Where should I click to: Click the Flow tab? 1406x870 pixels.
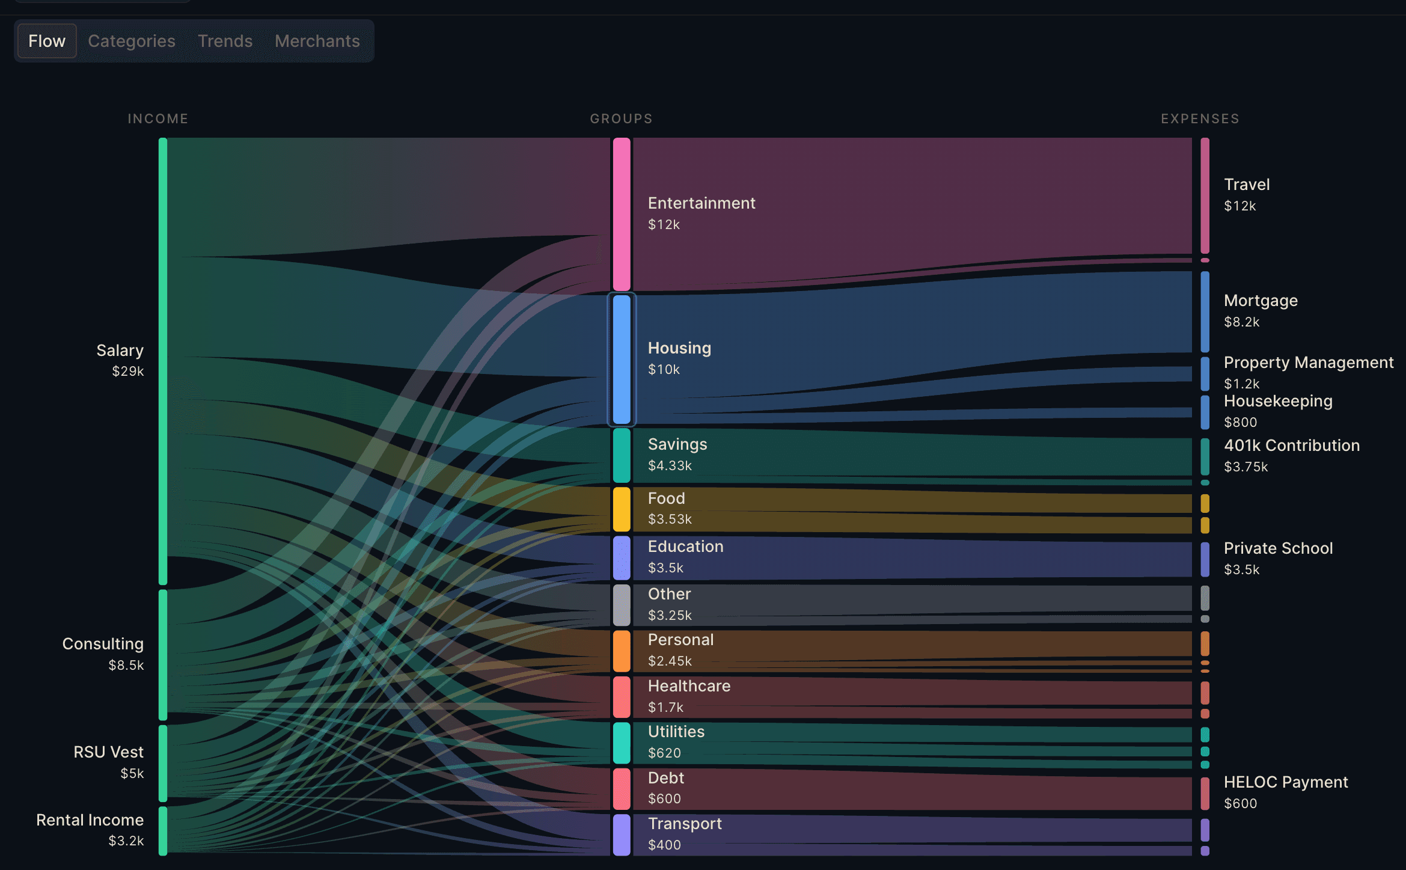[47, 41]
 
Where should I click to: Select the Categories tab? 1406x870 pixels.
[132, 41]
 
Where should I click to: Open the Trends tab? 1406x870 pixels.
[225, 41]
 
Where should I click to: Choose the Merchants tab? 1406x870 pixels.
[317, 41]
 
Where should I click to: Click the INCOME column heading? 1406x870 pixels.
[158, 118]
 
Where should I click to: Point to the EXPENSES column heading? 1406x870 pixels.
[1200, 118]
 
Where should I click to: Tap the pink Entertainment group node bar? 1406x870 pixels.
[622, 214]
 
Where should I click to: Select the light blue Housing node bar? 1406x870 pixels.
[622, 359]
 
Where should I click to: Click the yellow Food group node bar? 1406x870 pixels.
[622, 509]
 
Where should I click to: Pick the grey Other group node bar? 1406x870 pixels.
[622, 605]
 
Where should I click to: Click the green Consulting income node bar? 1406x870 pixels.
[163, 654]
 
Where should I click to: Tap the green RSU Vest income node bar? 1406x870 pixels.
[163, 763]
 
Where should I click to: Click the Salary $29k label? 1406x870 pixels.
[120, 360]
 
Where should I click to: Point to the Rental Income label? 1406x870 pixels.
[90, 820]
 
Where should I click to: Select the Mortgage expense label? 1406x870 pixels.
[1261, 301]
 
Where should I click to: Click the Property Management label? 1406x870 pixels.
[1308, 363]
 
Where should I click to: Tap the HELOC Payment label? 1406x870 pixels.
[1286, 782]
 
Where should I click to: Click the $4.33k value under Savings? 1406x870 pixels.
[670, 465]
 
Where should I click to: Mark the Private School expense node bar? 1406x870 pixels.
[1205, 559]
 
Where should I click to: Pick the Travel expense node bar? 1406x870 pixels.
[1205, 195]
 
